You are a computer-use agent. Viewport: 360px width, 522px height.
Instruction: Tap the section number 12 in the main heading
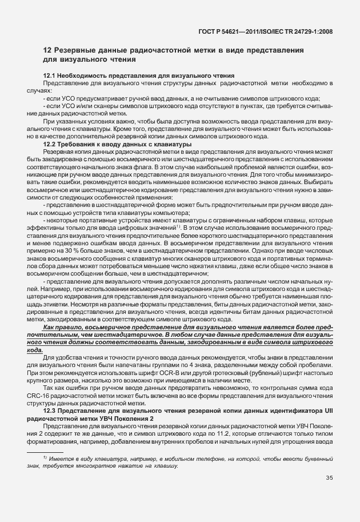click(48, 50)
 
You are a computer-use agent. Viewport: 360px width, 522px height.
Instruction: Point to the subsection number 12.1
click(50, 75)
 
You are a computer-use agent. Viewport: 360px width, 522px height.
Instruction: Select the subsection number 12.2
click(50, 145)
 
